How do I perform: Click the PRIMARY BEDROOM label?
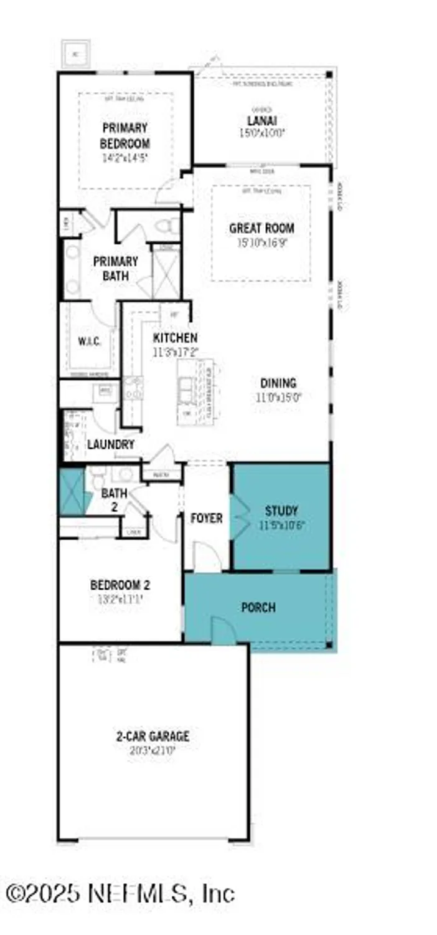point(125,135)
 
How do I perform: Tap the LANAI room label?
point(261,121)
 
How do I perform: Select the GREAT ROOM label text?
point(261,228)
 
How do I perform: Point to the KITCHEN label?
point(176,338)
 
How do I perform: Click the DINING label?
point(278,383)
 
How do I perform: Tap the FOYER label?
point(206,518)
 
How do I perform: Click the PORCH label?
point(258,607)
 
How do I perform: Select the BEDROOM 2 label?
point(120,585)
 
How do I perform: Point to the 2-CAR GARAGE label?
point(153,736)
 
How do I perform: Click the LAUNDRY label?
point(111,444)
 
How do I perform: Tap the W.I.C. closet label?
point(89,342)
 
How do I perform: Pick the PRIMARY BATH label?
point(115,268)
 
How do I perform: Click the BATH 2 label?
point(115,499)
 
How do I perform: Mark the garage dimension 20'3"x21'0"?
point(153,751)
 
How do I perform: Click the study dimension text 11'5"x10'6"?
point(281,525)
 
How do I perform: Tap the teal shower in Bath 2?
point(72,492)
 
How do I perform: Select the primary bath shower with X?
point(165,274)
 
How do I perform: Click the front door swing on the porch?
point(223,631)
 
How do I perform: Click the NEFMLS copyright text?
point(121,893)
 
